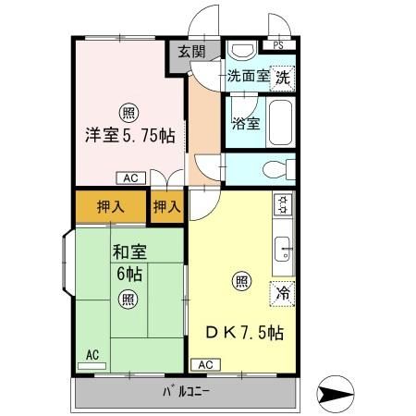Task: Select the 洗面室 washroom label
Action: (x=249, y=78)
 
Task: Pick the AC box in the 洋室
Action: (x=129, y=177)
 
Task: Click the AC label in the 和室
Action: (x=92, y=354)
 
